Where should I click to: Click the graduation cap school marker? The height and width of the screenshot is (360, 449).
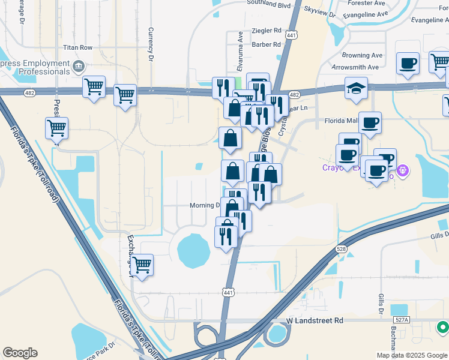356,88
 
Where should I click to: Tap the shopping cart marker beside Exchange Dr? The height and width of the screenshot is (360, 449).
142,265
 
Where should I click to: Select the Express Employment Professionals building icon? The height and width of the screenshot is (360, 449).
78,65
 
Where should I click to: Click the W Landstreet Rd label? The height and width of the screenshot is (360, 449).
314,321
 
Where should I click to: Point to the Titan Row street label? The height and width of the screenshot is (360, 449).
78,47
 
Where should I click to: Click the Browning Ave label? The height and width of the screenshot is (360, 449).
365,55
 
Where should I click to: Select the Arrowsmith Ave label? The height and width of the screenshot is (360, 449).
355,67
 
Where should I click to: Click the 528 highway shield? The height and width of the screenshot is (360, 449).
342,248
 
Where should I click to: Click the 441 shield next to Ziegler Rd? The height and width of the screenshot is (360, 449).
291,35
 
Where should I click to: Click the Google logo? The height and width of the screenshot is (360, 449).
20,353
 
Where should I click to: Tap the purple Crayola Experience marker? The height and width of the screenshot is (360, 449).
403,171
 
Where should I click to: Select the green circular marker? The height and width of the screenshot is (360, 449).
443,328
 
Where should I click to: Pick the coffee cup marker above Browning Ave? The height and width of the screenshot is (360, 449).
408,64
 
